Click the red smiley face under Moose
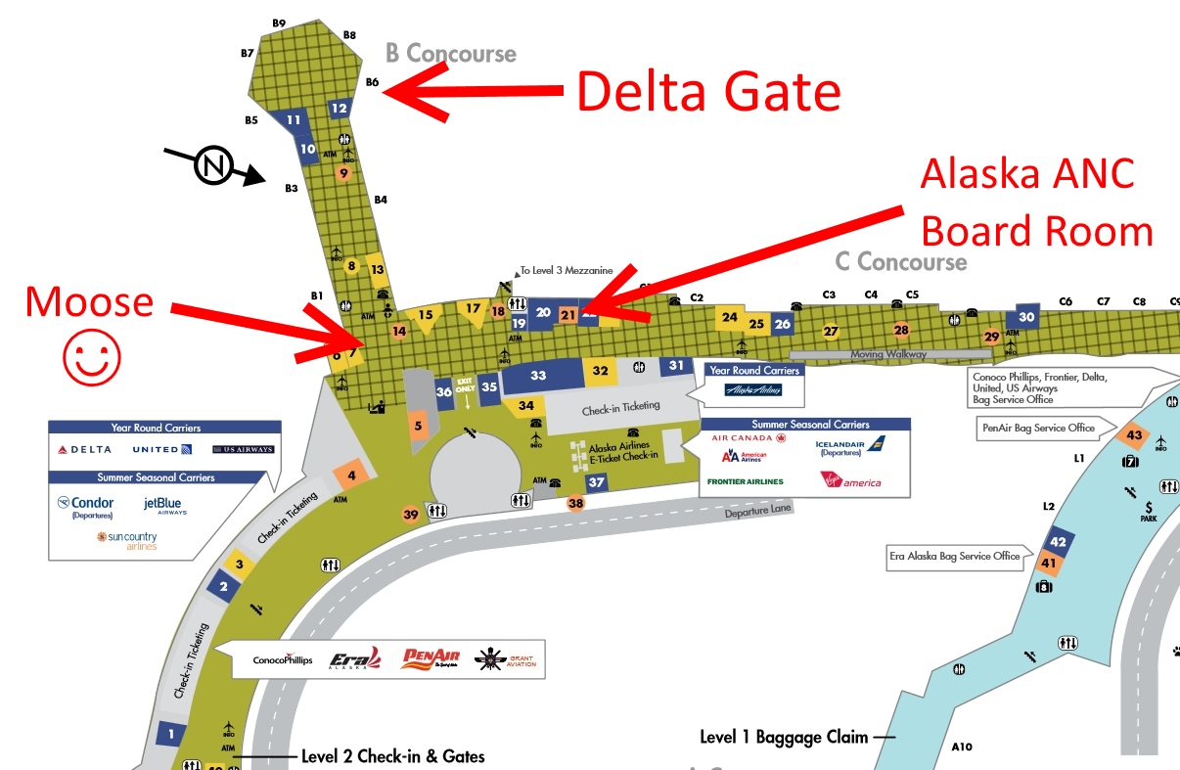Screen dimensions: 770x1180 [x=92, y=358]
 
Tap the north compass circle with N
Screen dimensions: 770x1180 [x=213, y=167]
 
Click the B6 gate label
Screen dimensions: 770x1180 [x=372, y=83]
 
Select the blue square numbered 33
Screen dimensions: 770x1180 [x=539, y=375]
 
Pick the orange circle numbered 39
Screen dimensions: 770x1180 [x=411, y=514]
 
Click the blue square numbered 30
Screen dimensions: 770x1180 [x=1026, y=316]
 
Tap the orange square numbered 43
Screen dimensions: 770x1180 [x=1135, y=434]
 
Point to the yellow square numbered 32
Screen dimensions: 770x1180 [x=601, y=371]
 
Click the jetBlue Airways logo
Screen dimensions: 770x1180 [x=164, y=506]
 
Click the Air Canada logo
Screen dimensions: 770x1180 [x=749, y=439]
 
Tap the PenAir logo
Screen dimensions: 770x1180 [x=430, y=660]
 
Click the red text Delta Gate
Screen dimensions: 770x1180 [x=708, y=91]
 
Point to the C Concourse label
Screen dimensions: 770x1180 [x=900, y=262]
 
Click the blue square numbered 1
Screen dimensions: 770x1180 [x=171, y=733]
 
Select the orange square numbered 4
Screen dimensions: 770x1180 [x=350, y=476]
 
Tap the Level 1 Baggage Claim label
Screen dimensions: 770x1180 [x=784, y=737]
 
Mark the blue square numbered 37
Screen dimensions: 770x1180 [x=597, y=481]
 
